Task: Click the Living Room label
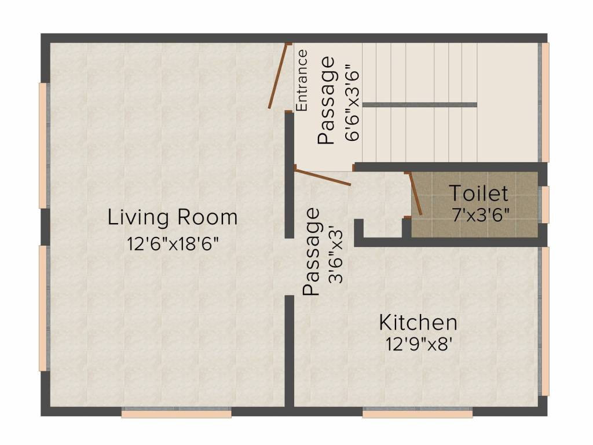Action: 173,218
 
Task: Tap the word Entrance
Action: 302,81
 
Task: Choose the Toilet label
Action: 478,193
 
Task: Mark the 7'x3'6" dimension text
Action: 481,214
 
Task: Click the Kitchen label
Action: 418,322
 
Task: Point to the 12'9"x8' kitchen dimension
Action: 418,344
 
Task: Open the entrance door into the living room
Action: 279,76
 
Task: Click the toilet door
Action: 415,195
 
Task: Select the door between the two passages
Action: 323,176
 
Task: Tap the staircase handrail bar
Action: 420,105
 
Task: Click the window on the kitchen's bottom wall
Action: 418,413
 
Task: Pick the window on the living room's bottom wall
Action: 176,413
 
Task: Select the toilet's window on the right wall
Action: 544,205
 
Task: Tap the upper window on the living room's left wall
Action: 43,145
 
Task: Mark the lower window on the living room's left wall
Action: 43,308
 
